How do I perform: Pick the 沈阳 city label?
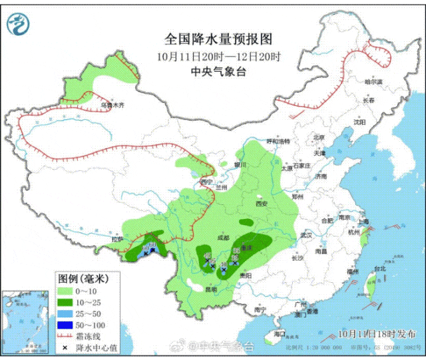pos(360,122)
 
